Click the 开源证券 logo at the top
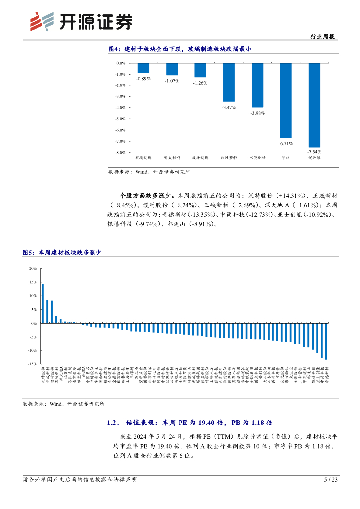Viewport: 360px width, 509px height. (x=82, y=21)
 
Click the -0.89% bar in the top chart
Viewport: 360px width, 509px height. (x=143, y=68)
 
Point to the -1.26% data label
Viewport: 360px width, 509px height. (x=200, y=83)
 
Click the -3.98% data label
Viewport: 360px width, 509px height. (x=258, y=113)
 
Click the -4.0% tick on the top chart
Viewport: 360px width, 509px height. (x=120, y=108)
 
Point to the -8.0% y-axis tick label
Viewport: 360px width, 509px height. (x=120, y=153)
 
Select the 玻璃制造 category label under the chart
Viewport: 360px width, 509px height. (x=143, y=158)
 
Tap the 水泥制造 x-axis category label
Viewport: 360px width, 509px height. (x=258, y=158)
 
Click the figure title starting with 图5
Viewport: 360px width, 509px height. (x=62, y=253)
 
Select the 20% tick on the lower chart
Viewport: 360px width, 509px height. (x=33, y=268)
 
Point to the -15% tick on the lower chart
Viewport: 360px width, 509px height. (x=32, y=364)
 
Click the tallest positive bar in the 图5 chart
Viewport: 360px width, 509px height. (x=43, y=303)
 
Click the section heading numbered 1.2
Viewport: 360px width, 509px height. (x=189, y=423)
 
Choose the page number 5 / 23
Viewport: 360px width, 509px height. (x=331, y=480)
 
